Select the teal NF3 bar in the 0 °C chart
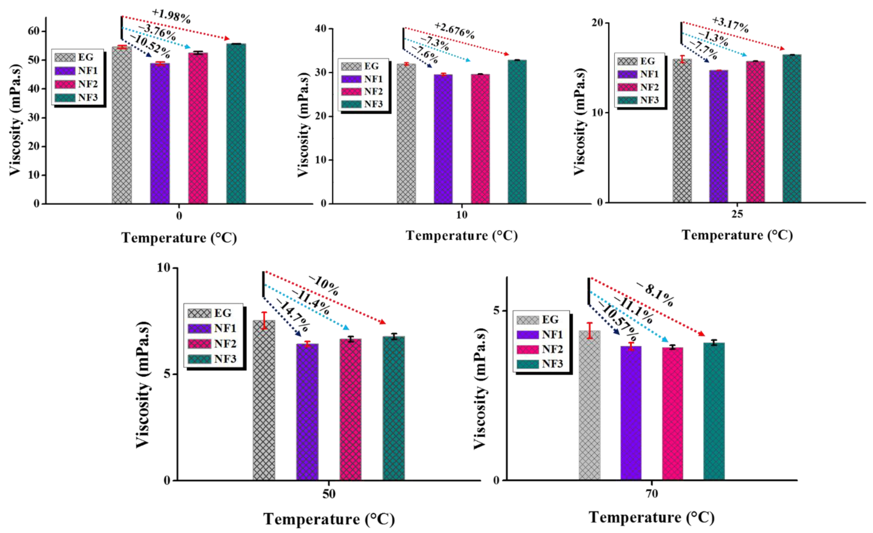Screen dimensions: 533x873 tap(236, 124)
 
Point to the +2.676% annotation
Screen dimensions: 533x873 tap(455, 31)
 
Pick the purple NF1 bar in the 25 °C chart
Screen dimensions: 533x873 tap(719, 137)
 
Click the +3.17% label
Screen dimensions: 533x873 tap(731, 25)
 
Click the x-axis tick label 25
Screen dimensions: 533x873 tap(737, 214)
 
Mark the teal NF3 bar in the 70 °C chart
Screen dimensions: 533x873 tap(714, 411)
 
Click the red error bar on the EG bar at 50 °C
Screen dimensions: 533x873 tap(264, 321)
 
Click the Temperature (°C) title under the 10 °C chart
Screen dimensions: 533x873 tap(462, 236)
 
